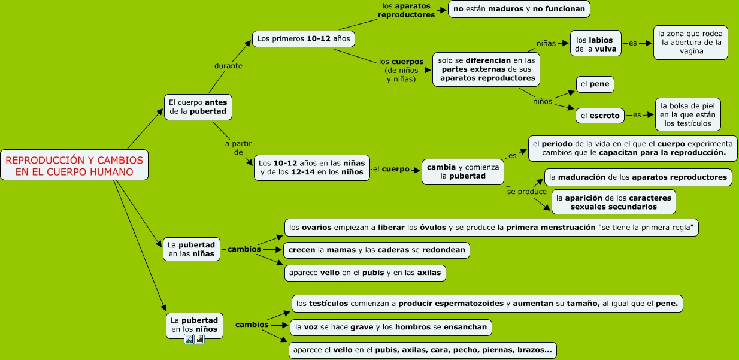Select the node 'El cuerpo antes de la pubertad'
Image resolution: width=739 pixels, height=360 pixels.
[198, 107]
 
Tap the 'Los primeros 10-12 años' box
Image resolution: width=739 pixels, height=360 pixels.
[304, 39]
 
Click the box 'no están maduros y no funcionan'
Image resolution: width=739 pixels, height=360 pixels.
[519, 9]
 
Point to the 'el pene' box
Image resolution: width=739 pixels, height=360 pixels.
[595, 84]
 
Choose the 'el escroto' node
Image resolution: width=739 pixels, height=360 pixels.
[600, 116]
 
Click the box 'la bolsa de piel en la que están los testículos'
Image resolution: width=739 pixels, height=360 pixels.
[687, 114]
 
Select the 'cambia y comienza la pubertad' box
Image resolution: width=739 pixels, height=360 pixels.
[462, 171]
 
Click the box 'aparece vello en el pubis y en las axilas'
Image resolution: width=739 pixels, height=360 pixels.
[365, 273]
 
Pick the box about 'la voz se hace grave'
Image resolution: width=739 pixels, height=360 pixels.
[391, 327]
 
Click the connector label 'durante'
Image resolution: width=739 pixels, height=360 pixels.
[228, 66]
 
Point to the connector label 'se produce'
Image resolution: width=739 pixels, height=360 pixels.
[527, 192]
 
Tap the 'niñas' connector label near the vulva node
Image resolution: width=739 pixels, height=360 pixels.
[546, 43]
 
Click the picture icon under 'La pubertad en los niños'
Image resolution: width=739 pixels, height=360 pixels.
[189, 339]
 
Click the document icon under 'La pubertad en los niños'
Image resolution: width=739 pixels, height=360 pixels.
[199, 339]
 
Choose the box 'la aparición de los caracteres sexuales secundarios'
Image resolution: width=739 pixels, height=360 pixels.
[613, 202]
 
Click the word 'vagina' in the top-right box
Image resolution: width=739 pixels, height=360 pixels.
[690, 52]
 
